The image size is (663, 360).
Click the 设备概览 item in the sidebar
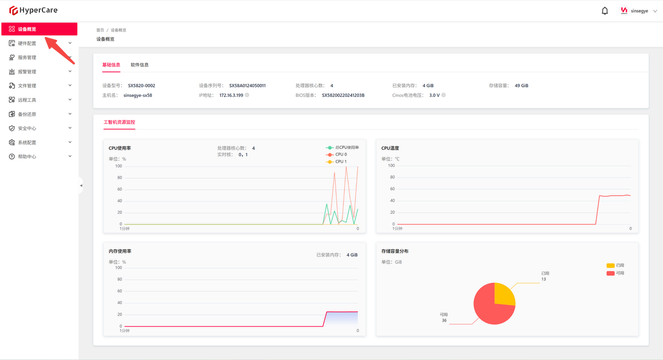39,29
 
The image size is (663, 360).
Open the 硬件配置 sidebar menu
39,43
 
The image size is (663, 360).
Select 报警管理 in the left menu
39,71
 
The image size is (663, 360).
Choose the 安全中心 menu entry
39,128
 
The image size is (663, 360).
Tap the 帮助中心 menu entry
39,156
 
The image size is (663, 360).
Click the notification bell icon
604,11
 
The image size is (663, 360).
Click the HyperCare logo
33,10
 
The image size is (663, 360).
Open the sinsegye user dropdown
639,11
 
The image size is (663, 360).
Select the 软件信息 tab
140,65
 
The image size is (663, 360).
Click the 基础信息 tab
111,65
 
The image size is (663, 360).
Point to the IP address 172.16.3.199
231,95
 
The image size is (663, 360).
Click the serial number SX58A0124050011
248,85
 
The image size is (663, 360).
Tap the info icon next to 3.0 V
444,95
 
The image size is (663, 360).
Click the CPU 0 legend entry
337,154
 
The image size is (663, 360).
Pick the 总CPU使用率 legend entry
342,148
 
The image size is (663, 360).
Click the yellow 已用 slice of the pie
503,295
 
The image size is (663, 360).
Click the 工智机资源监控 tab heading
119,122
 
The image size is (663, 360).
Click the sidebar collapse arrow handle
81,185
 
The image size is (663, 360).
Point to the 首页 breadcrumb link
100,30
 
